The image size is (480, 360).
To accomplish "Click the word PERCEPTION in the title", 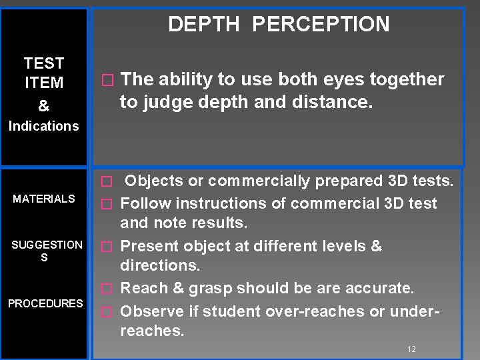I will [321, 25].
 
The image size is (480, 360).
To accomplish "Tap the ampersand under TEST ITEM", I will [43, 106].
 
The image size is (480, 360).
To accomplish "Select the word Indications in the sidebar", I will [43, 126].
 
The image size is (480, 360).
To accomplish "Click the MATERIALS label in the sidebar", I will [44, 199].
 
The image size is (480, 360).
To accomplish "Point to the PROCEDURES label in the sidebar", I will [45, 303].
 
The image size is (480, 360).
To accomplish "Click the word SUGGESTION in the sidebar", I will [47, 245].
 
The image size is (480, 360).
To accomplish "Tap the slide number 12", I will [411, 349].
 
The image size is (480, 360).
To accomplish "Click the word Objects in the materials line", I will [151, 181].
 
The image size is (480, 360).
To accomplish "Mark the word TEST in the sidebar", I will [44, 63].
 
